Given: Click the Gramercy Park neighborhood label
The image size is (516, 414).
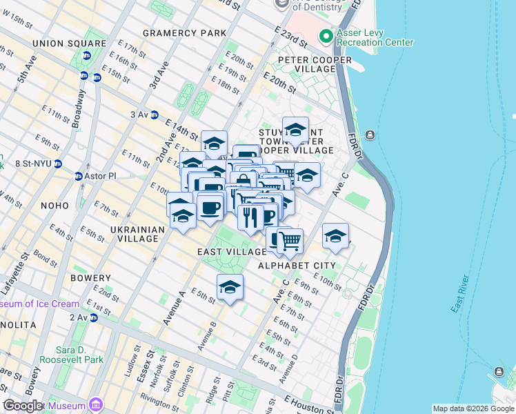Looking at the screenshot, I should tap(184, 33).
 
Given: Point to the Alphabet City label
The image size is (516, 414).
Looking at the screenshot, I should tap(297, 265).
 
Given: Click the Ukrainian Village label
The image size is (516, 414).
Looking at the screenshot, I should tap(137, 234).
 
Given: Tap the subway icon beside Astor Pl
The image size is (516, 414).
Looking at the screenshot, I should tap(79, 176).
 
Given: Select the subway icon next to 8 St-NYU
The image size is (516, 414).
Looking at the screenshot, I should tap(58, 164).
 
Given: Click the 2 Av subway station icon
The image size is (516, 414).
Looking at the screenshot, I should tap(92, 317).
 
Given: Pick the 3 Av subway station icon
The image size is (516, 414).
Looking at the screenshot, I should tap(155, 115).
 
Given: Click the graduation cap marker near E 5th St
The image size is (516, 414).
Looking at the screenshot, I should tap(230, 286).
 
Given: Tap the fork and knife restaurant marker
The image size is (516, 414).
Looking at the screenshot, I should tap(250, 216).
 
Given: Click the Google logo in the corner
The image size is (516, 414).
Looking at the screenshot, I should tap(23, 406).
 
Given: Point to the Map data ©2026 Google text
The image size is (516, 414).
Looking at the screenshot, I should tap(473, 408).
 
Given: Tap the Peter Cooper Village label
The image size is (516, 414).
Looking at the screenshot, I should tap(315, 65).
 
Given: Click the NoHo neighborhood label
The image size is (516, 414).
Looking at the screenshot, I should tap(54, 206).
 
